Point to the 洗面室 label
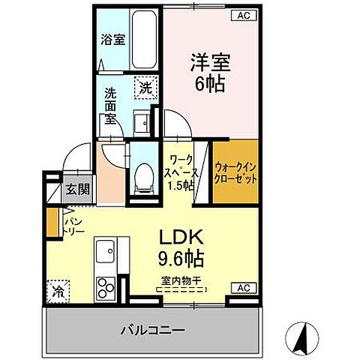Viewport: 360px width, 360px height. point(111,106)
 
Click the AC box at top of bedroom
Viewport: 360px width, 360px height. point(244,14)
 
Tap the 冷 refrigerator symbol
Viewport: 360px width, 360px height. point(57,290)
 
